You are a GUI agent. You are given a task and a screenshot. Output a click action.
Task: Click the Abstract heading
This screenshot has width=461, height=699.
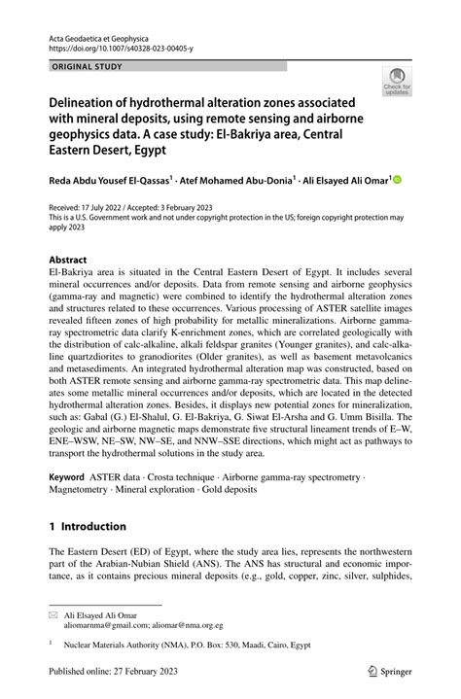tap(68, 261)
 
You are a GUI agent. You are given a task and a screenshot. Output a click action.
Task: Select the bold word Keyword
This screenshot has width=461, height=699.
tap(66, 478)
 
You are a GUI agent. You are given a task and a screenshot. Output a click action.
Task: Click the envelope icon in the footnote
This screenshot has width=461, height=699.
tap(53, 615)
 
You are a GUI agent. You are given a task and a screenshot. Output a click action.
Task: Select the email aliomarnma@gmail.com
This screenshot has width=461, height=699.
tap(128, 626)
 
